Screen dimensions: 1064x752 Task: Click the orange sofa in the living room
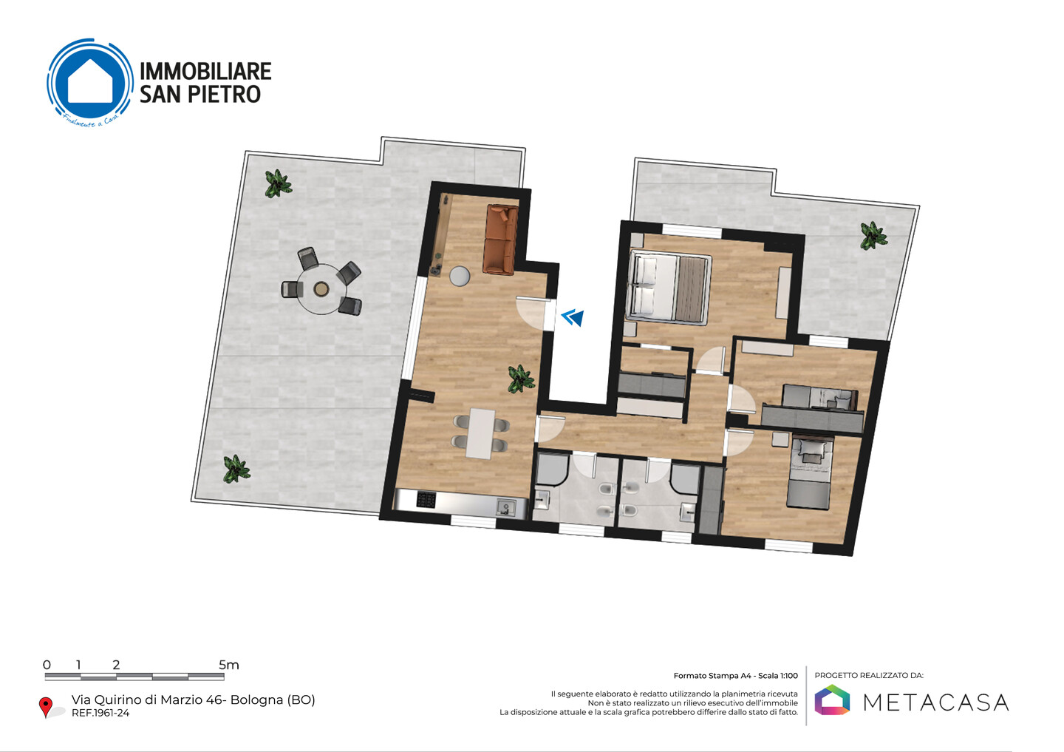[x=501, y=240]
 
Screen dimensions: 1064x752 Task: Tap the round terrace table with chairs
[x=322, y=288]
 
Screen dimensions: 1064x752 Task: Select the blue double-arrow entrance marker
[x=573, y=316]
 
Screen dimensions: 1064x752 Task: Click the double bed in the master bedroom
[x=669, y=288]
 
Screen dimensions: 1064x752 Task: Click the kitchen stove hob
[x=426, y=500]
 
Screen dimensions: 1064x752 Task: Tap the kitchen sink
[x=505, y=508]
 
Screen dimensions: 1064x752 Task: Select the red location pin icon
[x=46, y=707]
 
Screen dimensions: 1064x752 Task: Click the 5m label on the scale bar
[x=228, y=665]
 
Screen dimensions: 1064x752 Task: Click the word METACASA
[x=935, y=702]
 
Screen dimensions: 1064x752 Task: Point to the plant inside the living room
[x=521, y=379]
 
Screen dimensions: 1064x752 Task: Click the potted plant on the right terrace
[x=873, y=236]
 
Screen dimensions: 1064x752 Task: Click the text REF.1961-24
[x=100, y=713]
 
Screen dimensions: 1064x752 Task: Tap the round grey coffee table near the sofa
[x=460, y=277]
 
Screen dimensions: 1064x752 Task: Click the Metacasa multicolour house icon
[x=832, y=700]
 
